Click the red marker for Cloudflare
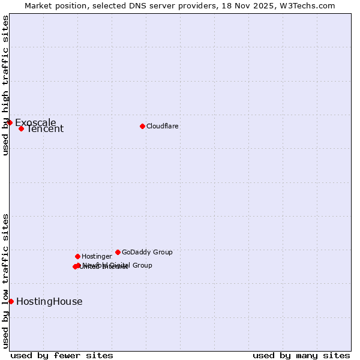tap(142, 126)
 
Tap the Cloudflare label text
tap(162, 126)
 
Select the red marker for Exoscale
tap(10, 122)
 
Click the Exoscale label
tap(35, 122)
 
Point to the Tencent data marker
tap(21, 128)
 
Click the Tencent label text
tap(45, 128)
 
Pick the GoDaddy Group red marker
tap(118, 252)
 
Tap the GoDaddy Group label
tap(147, 252)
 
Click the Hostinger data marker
tap(77, 256)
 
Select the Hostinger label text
tap(97, 256)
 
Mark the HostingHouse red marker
tap(11, 301)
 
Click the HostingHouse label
tap(49, 301)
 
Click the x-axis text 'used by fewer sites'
tap(62, 355)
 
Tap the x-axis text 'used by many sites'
tap(301, 355)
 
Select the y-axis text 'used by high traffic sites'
tap(5, 85)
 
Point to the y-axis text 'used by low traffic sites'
tap(5, 281)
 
